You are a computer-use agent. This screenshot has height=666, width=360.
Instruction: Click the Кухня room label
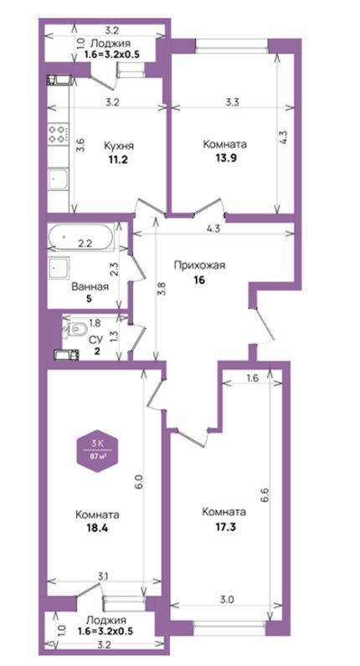tap(119, 147)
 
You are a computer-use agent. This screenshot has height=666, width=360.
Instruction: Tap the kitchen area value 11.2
tap(119, 160)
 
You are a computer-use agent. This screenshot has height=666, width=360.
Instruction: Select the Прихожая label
tap(199, 266)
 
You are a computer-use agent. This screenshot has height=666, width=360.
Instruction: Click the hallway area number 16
tap(199, 280)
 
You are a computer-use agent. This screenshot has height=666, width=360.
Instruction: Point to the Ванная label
tap(90, 287)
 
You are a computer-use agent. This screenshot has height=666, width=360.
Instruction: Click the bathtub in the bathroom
tap(80, 236)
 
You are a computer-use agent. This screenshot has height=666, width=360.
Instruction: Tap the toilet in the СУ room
tap(75, 328)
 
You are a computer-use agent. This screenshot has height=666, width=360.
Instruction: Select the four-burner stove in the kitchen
tap(58, 133)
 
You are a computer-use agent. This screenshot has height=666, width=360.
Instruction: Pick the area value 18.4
tap(97, 529)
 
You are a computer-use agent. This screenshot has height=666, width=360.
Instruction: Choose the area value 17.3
tap(224, 528)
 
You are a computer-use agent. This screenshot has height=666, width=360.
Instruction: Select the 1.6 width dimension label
tap(252, 379)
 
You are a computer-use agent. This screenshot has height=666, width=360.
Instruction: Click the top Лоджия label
tap(111, 43)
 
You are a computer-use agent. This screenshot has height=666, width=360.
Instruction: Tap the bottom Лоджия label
tap(105, 620)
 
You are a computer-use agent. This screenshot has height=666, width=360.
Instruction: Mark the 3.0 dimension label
tap(228, 600)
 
